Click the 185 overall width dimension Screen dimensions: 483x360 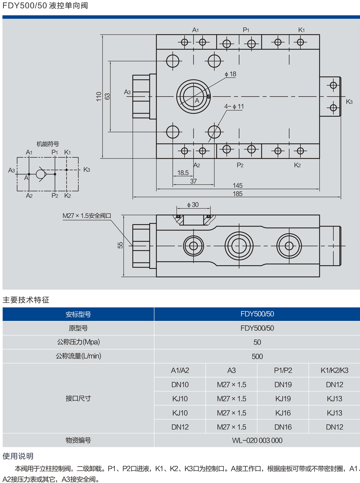[x=237, y=194]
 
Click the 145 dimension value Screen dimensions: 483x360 [x=237, y=186]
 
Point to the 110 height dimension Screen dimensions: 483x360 [x=99, y=96]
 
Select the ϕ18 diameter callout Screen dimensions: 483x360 [x=230, y=74]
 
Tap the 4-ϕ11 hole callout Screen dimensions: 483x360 [x=234, y=107]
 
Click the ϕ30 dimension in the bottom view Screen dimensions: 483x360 [x=193, y=205]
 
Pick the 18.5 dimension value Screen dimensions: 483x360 [x=183, y=173]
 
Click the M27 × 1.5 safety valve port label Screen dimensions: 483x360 [x=87, y=216]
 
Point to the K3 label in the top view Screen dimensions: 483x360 [x=349, y=102]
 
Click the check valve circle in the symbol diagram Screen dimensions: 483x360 [x=41, y=174]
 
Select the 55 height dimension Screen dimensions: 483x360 [x=120, y=245]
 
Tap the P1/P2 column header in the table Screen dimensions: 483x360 [x=283, y=370]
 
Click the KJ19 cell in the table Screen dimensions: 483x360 [x=283, y=399]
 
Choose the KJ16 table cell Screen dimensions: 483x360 [x=283, y=413]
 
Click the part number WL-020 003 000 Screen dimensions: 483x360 [x=257, y=440]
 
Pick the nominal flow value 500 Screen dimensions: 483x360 [x=257, y=356]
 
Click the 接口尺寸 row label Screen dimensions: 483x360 [x=78, y=398]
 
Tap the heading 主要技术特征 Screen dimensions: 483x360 [x=26, y=300]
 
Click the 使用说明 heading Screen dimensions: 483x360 [x=18, y=456]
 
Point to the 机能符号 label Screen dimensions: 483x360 [x=48, y=144]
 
